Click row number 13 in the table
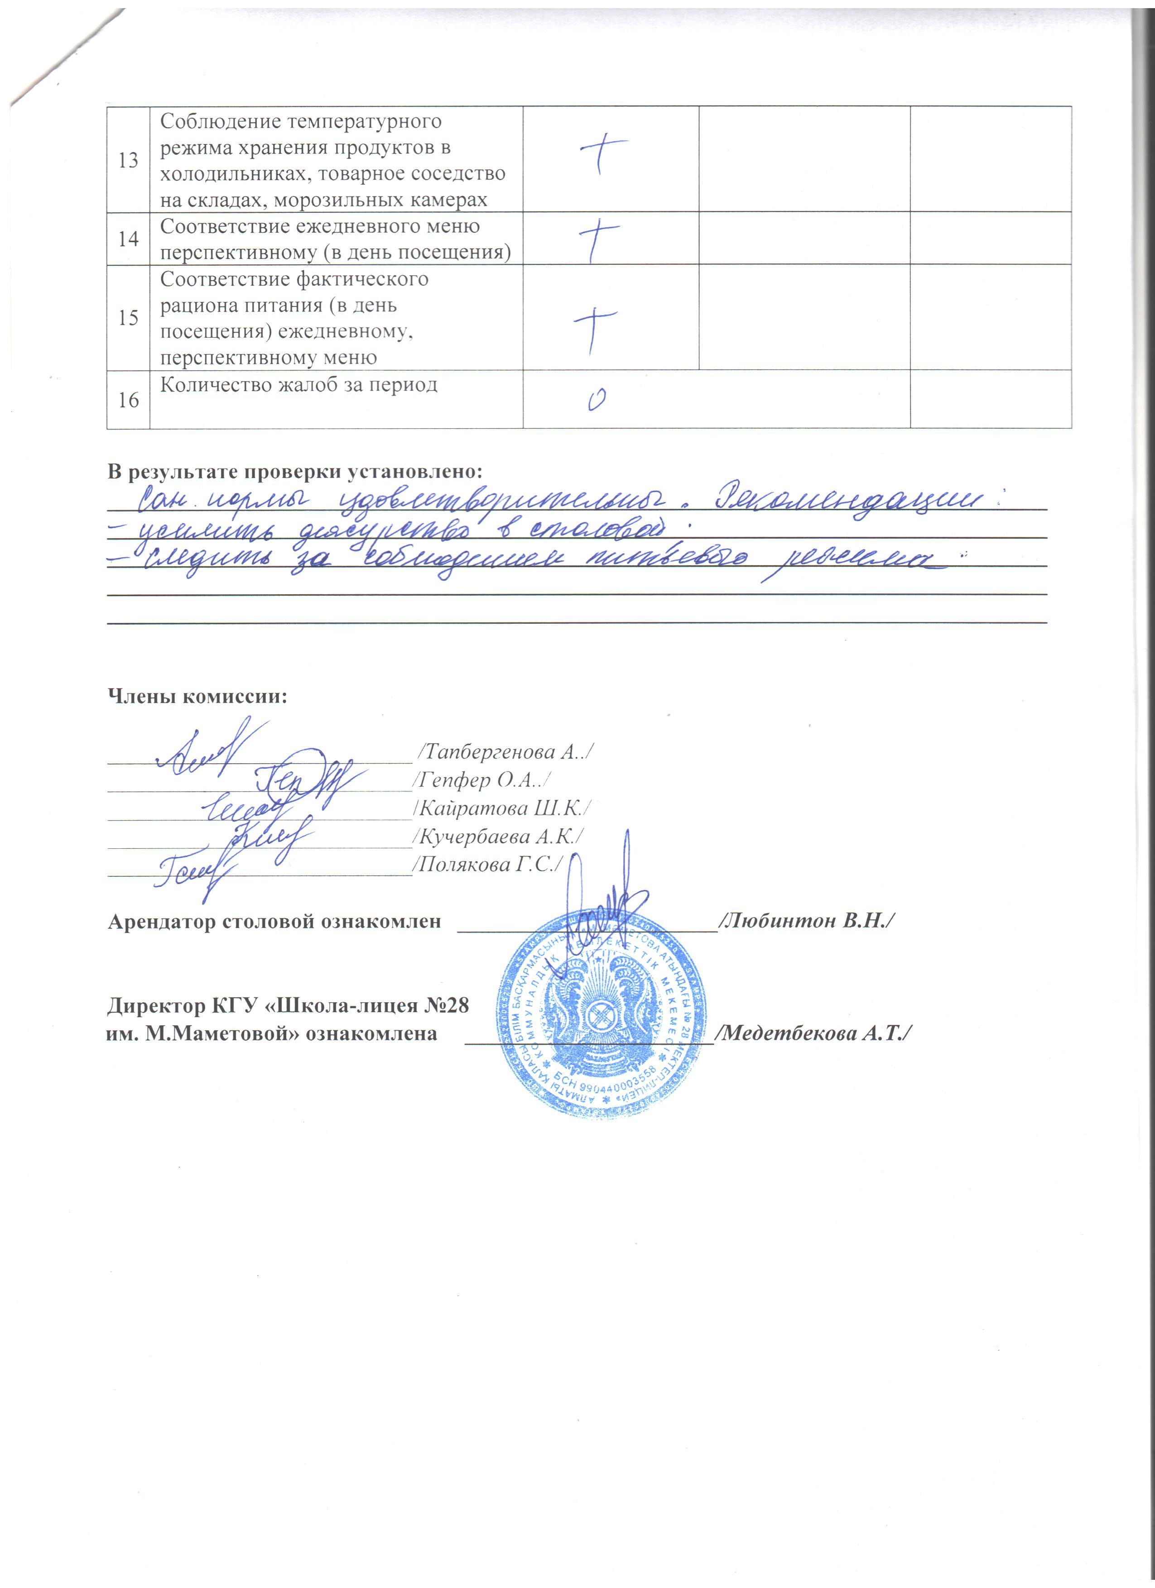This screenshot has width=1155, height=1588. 128,160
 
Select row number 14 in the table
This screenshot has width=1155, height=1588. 128,239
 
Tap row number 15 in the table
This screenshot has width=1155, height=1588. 128,318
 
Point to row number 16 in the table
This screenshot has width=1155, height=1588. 128,400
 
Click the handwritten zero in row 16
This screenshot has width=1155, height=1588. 596,400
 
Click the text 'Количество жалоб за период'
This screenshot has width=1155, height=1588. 298,384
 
